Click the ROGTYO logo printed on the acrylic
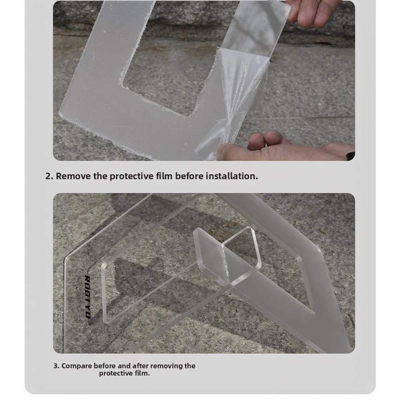88,297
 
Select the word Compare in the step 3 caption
77,366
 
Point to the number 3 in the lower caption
56,366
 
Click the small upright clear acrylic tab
227,255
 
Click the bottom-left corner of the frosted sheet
60,114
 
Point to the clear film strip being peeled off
240,77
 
